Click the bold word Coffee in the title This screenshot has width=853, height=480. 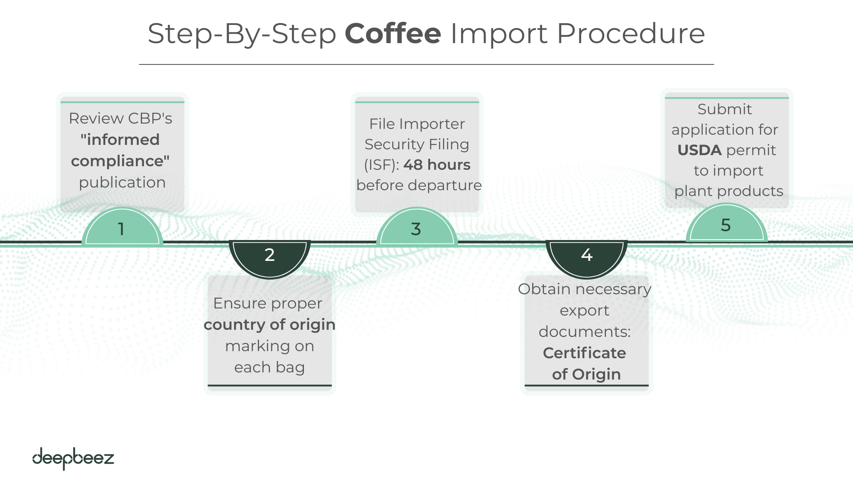tap(393, 34)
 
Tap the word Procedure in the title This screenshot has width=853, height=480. tap(630, 34)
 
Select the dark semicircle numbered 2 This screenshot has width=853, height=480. tap(270, 256)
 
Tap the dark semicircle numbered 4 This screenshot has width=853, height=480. tap(586, 256)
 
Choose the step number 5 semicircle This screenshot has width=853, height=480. tap(726, 225)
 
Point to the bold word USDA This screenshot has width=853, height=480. tap(699, 150)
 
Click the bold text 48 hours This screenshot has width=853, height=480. tap(437, 165)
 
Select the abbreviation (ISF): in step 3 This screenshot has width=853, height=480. tap(381, 165)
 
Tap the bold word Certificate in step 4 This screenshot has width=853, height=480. tap(584, 353)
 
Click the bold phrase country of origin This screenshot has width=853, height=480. tap(269, 324)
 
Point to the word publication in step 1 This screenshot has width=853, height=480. tap(122, 183)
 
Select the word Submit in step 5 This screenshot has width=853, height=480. tap(724, 109)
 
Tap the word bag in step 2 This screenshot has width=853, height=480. tap(290, 368)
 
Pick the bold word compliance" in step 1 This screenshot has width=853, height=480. tap(120, 161)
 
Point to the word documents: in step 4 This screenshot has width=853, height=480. tap(585, 332)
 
